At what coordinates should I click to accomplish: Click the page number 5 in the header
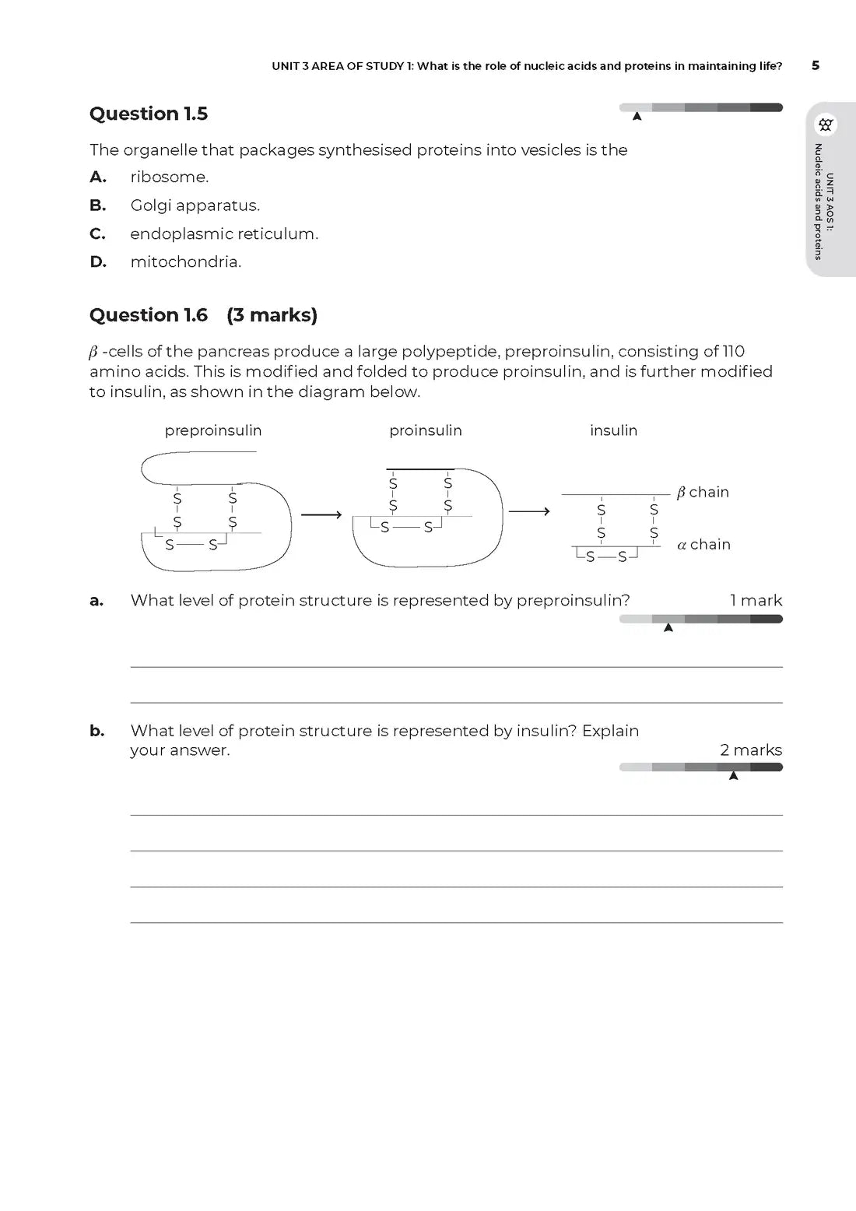pos(816,65)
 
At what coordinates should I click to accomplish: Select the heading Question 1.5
pos(149,114)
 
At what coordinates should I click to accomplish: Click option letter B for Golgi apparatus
pos(97,205)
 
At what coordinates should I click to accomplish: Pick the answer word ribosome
pos(169,177)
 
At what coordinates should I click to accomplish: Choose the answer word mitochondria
pos(185,262)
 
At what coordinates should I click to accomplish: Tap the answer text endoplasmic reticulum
pos(224,234)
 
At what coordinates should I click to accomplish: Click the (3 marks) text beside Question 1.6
pos(272,315)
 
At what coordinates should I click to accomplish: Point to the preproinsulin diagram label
pos(213,430)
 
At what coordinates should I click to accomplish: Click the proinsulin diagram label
pos(426,430)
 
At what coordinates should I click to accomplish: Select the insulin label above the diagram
pos(613,430)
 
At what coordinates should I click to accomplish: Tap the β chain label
pos(703,492)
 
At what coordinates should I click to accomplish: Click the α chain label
pos(703,545)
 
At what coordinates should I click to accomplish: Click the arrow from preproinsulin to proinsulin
pos(321,514)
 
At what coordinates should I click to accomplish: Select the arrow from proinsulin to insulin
pos(529,511)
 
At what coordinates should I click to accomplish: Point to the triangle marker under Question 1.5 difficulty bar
pos(637,117)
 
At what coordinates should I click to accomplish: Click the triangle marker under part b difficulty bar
pos(733,775)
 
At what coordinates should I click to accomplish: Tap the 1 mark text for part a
pos(756,600)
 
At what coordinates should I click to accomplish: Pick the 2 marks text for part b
pos(751,750)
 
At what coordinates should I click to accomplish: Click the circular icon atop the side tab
pos(826,125)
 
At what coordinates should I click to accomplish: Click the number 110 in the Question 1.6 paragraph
pos(733,352)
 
